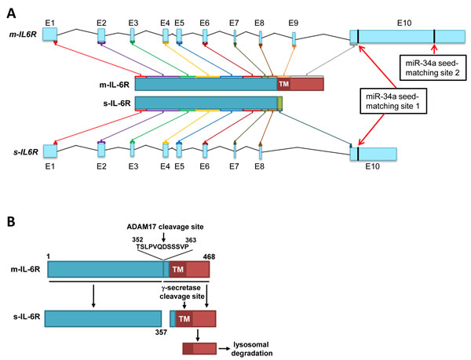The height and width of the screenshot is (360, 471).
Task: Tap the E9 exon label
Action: [293, 23]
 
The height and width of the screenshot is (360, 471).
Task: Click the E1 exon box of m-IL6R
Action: [50, 35]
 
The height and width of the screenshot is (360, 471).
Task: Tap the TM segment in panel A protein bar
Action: [283, 84]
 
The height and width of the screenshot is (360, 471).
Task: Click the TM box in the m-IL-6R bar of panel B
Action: [177, 270]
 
